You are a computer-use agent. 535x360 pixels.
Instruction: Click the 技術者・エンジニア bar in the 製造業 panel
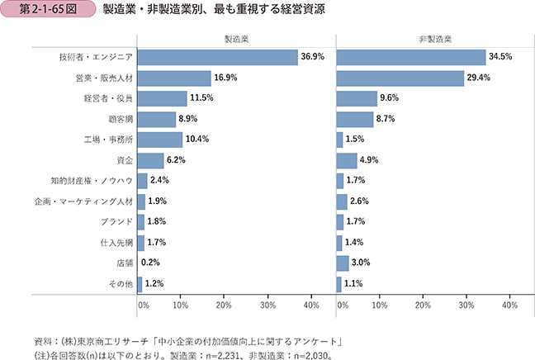217,57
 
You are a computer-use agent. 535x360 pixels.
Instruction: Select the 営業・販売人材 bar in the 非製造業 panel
400,78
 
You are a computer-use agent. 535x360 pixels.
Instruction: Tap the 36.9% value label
313,57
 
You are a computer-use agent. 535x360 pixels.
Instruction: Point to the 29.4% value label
479,78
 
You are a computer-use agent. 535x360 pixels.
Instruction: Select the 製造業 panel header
236,40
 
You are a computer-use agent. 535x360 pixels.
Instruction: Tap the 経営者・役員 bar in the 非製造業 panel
357,98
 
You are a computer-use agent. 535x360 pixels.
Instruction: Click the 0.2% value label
151,263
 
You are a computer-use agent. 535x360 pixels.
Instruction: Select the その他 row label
121,284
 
